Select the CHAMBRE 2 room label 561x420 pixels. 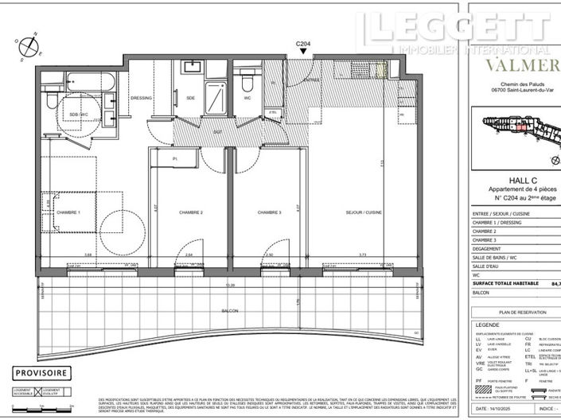pyautogui.click(x=192, y=212)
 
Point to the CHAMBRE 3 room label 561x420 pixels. pyautogui.click(x=271, y=212)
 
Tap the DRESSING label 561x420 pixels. pyautogui.click(x=141, y=98)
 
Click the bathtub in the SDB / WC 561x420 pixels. pyautogui.click(x=88, y=80)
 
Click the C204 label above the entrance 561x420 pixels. pyautogui.click(x=302, y=45)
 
